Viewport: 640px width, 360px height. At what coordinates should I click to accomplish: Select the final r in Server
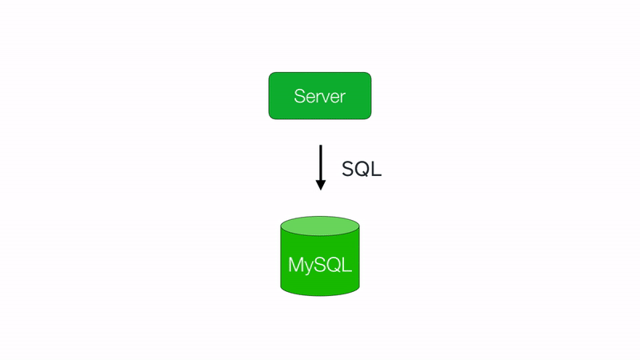(342, 98)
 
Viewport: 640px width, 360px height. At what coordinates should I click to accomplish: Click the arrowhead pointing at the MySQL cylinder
(320, 185)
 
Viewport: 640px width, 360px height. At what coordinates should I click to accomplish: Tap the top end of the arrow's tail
(320, 146)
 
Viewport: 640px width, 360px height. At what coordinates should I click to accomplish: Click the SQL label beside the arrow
(362, 169)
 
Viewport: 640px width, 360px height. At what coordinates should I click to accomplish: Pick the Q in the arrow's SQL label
(362, 169)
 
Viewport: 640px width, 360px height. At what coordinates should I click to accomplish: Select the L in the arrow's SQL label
(376, 169)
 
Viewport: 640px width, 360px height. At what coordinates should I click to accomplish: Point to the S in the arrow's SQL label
(348, 169)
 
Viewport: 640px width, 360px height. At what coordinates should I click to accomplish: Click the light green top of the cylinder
(320, 225)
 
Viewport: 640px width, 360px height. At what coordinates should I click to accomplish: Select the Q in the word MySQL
(334, 264)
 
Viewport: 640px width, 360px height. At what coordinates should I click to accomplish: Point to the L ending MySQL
(347, 264)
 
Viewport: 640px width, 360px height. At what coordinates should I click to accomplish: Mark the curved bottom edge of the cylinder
(320, 294)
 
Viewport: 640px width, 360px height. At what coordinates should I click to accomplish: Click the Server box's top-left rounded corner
(272, 75)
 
